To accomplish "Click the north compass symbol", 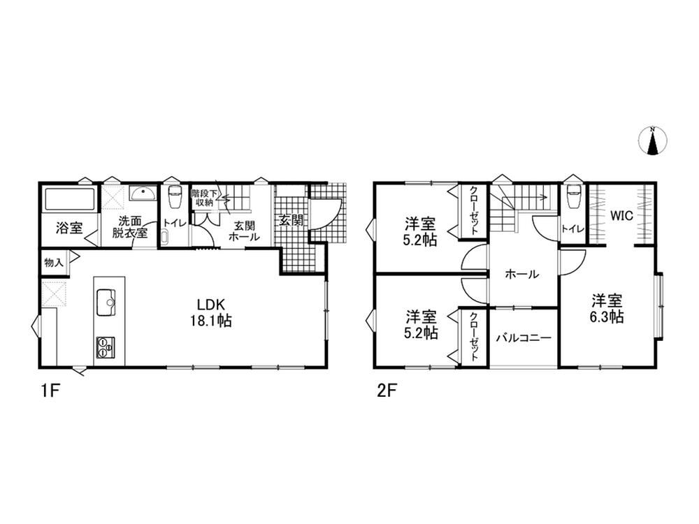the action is [x=653, y=141].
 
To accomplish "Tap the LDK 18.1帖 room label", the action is [x=211, y=313].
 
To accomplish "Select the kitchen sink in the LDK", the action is [x=106, y=303].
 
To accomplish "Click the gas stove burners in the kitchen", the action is [x=106, y=347].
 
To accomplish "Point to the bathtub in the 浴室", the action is [x=69, y=199].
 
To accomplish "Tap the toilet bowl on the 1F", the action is [x=174, y=198].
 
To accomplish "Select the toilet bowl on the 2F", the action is [x=573, y=197].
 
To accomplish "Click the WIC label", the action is [x=621, y=216].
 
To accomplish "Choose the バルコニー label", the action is [x=524, y=337].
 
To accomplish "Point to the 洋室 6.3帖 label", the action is [x=607, y=309].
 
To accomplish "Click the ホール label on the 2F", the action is [x=522, y=274].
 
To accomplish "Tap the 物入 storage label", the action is [x=54, y=263].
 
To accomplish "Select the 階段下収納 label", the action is [x=205, y=198].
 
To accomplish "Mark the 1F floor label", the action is [x=50, y=391].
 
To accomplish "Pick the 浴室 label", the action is [x=69, y=228].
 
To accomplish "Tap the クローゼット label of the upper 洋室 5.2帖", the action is [x=473, y=210].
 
